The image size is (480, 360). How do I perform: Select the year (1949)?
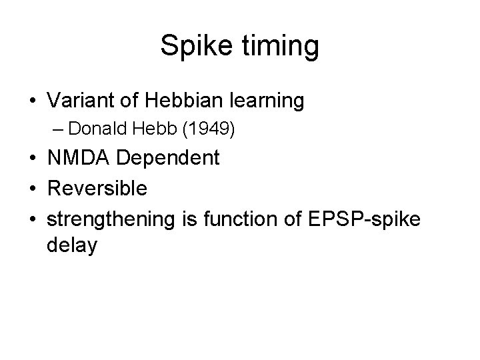click(x=208, y=129)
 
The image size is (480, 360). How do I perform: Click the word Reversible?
click(x=97, y=188)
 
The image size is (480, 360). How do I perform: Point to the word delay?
click(x=73, y=246)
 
